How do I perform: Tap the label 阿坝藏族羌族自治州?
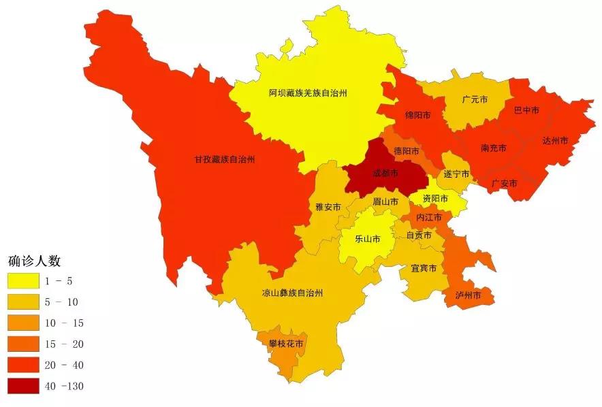point(308,93)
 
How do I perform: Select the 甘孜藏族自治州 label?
point(224,160)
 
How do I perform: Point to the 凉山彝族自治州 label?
point(293,293)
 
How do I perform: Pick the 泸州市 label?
point(468,296)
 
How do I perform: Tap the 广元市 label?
point(474,99)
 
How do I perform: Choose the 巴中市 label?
point(526,110)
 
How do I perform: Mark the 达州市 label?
point(555,140)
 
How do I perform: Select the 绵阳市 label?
point(417,115)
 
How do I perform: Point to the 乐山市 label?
point(368,239)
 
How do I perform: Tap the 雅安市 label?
point(328,206)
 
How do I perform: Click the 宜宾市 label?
point(424,268)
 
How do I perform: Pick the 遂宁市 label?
point(456,174)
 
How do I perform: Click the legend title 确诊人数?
point(35,261)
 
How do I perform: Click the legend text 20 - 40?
point(67,365)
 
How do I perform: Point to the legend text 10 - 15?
point(67,323)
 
